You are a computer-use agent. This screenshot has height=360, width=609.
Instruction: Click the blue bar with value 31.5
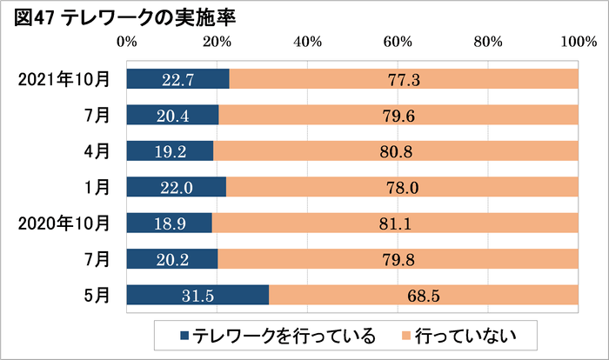pyautogui.click(x=197, y=296)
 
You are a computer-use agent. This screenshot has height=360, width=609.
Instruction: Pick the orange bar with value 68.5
pyautogui.click(x=424, y=296)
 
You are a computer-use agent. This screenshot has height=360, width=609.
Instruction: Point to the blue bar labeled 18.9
pyautogui.click(x=169, y=223)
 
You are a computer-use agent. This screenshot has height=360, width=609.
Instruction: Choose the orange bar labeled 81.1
pyautogui.click(x=395, y=223)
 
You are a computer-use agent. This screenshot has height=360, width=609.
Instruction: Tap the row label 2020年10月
pyautogui.click(x=64, y=223)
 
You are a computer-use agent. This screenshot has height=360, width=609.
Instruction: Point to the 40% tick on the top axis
pyautogui.click(x=307, y=42)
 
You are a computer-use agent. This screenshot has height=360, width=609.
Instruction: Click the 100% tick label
pyautogui.click(x=578, y=42)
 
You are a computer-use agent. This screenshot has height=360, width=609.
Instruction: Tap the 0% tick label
pyautogui.click(x=126, y=42)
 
